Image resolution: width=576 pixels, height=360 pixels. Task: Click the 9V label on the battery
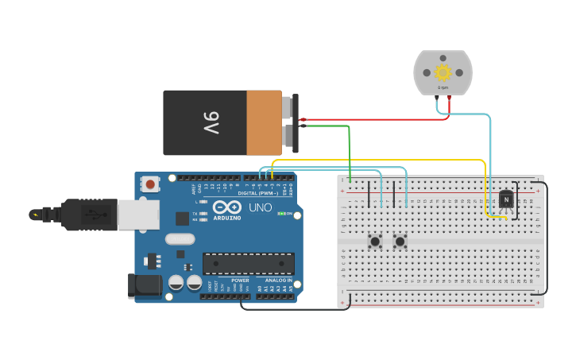pyautogui.click(x=210, y=122)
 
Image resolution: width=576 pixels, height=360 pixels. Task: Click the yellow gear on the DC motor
pyautogui.click(x=443, y=73)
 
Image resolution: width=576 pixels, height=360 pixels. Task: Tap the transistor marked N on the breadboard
pyautogui.click(x=505, y=199)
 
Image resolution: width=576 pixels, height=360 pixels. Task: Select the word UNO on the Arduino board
pyautogui.click(x=261, y=207)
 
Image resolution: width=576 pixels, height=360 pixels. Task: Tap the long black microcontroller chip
pyautogui.click(x=248, y=264)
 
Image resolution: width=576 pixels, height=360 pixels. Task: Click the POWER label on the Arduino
pyautogui.click(x=239, y=281)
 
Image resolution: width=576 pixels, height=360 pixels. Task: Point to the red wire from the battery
pyautogui.click(x=373, y=119)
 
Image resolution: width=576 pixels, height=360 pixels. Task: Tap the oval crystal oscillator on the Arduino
pyautogui.click(x=180, y=238)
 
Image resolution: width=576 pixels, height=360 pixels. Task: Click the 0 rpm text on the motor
pyautogui.click(x=443, y=87)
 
